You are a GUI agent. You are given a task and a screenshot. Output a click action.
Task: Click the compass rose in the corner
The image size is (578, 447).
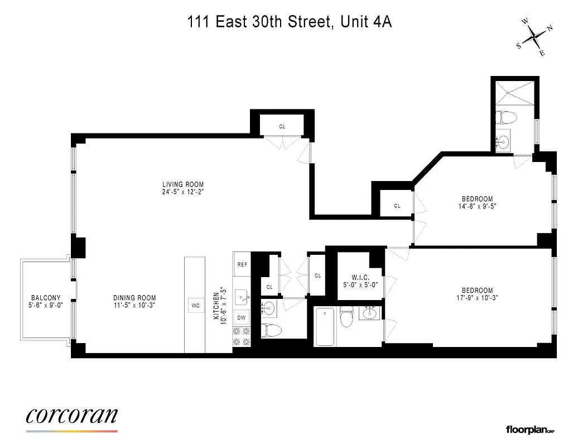(534, 37)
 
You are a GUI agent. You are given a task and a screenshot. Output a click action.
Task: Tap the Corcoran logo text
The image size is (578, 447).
(71, 415)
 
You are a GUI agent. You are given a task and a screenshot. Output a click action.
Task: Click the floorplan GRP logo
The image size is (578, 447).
(529, 430)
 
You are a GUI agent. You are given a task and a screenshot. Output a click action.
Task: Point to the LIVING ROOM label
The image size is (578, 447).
(183, 184)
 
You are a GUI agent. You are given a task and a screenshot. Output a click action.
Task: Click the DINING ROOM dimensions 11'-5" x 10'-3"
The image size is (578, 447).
(134, 305)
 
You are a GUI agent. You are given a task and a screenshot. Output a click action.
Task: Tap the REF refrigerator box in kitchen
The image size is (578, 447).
(242, 265)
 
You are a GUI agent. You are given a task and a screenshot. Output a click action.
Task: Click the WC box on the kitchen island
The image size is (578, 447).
(195, 306)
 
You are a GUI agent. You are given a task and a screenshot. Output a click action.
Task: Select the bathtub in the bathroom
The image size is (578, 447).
(325, 326)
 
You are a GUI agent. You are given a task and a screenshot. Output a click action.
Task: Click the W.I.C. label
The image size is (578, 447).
(361, 277)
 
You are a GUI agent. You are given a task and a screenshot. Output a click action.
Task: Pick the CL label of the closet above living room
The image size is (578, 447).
(282, 127)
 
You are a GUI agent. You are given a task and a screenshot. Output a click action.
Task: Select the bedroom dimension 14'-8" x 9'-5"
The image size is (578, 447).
(478, 206)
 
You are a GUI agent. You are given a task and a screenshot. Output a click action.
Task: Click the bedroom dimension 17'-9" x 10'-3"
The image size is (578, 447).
(477, 298)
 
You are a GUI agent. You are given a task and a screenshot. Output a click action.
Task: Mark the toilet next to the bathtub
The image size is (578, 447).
(347, 319)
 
